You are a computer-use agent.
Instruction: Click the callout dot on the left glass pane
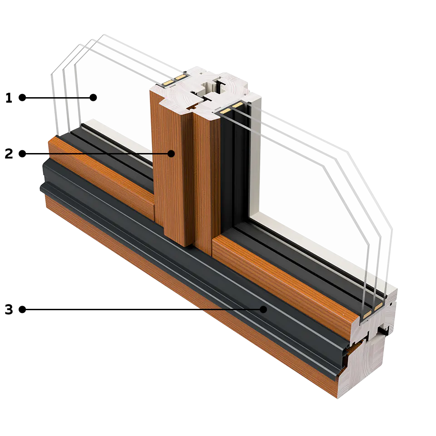click(x=93, y=97)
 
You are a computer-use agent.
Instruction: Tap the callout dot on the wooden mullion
click(x=171, y=154)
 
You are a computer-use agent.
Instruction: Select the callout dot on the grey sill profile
click(x=263, y=309)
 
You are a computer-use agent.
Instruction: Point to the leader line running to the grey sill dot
click(x=136, y=312)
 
